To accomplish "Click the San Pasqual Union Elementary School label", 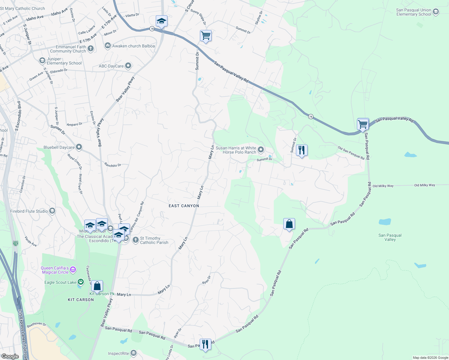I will coord(414,12).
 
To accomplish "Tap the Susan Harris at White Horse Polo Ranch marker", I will coord(261,149).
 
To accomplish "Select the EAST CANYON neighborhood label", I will coord(184,206).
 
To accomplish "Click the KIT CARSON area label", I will coord(81,300).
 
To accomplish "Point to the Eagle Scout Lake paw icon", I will coord(81,282).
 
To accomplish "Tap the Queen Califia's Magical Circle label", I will coord(55,270).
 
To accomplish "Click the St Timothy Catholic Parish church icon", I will coord(136,240).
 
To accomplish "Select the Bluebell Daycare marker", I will coord(79,147).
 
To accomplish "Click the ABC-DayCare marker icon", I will coord(128,66).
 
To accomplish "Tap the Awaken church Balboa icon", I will coord(107,46).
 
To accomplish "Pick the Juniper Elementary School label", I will coord(64,61).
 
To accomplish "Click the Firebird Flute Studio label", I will coord(29,211).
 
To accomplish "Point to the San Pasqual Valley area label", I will coord(390,237).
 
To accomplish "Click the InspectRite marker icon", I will coord(134,353).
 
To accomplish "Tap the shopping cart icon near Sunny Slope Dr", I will coord(206,36).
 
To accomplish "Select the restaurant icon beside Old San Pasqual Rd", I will coord(302,150).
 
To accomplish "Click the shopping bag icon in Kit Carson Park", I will coord(97,286).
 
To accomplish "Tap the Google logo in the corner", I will coord(10,356).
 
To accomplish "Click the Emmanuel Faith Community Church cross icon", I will coord(91,49).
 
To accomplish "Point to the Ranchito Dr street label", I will coord(113,165).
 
